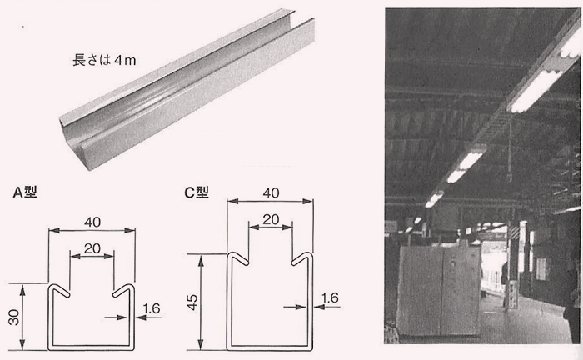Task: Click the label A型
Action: point(25,192)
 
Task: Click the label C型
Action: point(197,192)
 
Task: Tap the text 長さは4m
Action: point(104,60)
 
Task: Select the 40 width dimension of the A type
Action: point(92,222)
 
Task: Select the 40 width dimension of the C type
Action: point(271,193)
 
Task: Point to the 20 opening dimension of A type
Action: point(92,248)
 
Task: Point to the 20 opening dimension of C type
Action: point(271,219)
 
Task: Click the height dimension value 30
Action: point(14,317)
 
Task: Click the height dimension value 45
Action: point(192,302)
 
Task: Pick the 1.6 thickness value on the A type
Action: point(152,308)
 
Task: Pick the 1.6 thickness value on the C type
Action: point(330,297)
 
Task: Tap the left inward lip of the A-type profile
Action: point(59,290)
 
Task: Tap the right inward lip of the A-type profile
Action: point(123,291)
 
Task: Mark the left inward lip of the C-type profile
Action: point(238,258)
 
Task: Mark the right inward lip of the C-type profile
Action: point(301,258)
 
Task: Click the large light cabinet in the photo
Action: point(439,291)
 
